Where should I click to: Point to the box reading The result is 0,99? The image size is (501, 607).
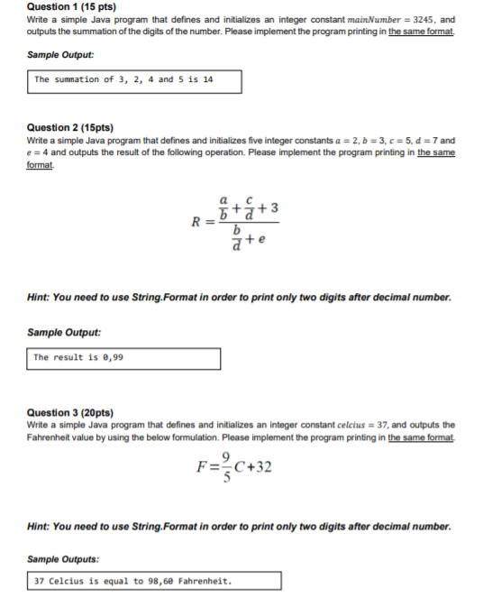point(124,358)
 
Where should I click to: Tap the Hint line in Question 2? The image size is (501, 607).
point(239,298)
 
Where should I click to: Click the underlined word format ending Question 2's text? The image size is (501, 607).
point(40,163)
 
